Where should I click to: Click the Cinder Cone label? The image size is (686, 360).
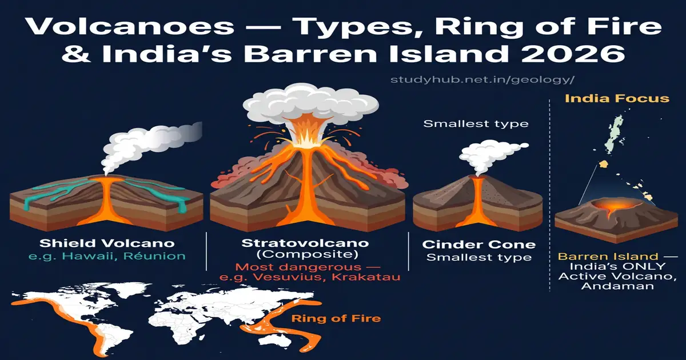tap(479, 245)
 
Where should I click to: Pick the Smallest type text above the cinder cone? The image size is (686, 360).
tap(476, 123)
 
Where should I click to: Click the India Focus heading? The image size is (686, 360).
tap(617, 99)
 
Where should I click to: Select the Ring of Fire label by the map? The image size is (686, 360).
tap(336, 318)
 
